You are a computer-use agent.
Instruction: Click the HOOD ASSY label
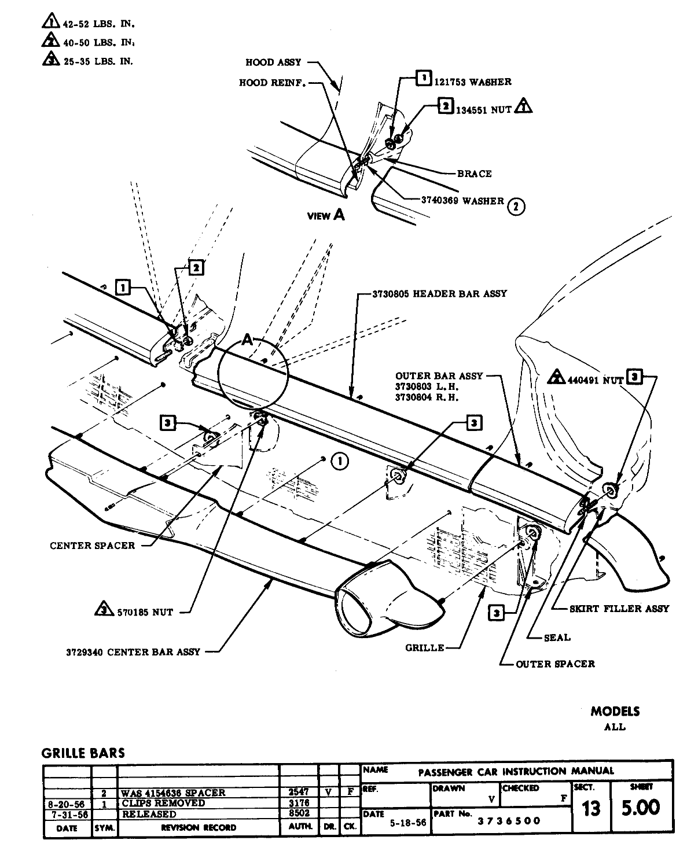click(273, 62)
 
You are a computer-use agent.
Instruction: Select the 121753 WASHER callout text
click(472, 82)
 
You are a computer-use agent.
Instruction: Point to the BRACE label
click(474, 174)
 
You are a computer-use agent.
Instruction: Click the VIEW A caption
click(326, 216)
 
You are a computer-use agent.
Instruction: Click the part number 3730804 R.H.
click(427, 397)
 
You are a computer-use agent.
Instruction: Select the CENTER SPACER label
click(92, 546)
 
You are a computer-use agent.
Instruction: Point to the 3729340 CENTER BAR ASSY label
click(133, 651)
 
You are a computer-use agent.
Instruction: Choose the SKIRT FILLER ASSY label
click(619, 609)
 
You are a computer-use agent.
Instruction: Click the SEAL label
click(557, 638)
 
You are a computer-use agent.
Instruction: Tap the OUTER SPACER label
click(554, 664)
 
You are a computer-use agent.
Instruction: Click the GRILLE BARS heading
click(83, 753)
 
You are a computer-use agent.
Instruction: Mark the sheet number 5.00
click(640, 808)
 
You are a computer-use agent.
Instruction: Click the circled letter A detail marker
click(248, 341)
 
